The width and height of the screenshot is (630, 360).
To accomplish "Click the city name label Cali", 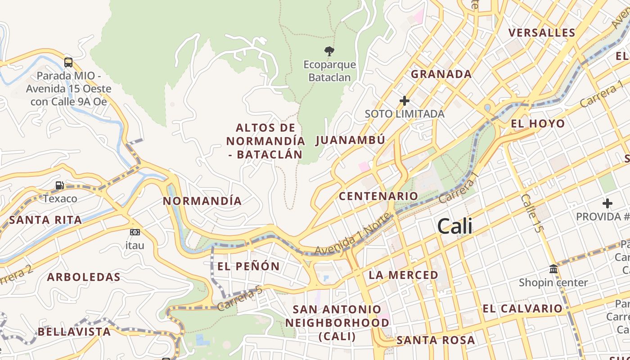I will point(455,226).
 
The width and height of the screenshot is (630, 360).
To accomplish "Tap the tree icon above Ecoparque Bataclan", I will point(329,51).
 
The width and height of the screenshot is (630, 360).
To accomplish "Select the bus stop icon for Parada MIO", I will point(68,62).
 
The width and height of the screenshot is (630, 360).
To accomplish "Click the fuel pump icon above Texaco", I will point(59,185).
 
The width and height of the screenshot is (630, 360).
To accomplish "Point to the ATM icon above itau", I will point(135,232).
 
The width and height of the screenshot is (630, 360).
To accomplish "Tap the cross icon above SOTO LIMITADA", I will point(405,101).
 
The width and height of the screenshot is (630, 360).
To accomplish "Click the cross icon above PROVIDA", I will point(607,203).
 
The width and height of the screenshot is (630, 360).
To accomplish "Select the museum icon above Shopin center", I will point(553,269).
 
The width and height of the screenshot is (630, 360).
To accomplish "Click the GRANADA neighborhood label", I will point(441,74).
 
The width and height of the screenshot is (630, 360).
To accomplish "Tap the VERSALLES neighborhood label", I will point(542,33).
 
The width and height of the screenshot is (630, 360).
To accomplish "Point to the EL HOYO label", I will point(538,124).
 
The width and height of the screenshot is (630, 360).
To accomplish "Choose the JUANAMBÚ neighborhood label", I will point(351,140).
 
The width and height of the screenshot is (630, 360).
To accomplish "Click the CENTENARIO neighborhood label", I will point(378,196).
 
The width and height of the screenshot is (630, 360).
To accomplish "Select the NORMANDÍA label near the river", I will point(202,201).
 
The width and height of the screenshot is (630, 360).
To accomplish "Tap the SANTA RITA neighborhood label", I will point(45,220).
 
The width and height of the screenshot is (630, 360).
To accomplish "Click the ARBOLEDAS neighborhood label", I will point(84,277).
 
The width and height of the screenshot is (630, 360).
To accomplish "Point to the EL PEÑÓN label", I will point(248,266).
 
